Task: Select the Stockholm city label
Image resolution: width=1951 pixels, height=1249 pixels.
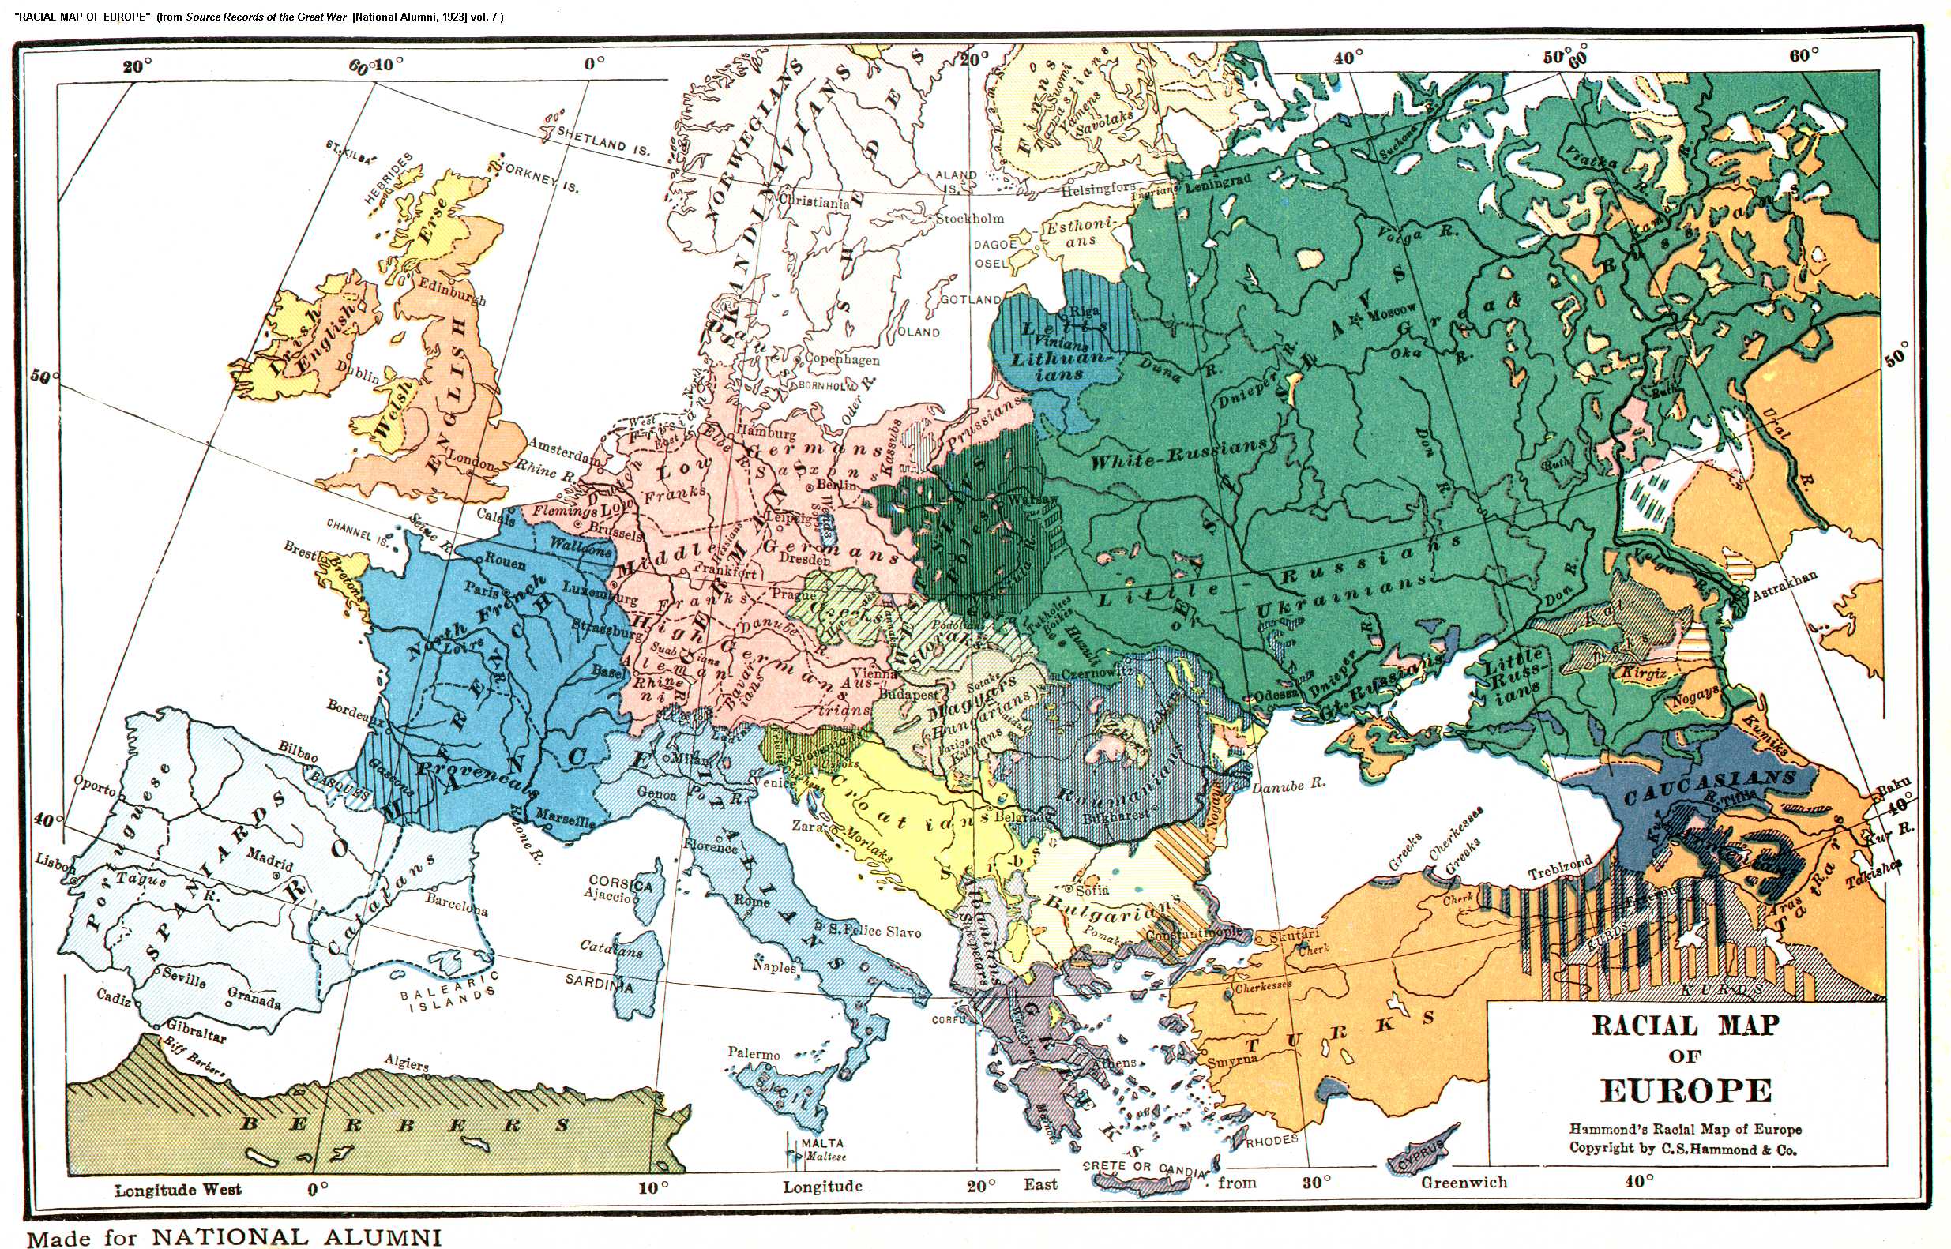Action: [x=969, y=218]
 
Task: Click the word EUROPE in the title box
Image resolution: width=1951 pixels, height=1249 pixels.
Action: [x=1686, y=1091]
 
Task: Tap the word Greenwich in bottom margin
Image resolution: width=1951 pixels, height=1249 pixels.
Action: [x=1464, y=1183]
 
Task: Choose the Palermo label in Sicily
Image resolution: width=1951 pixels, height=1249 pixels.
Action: [x=754, y=1054]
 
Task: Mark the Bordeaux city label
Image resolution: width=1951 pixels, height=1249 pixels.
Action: [x=355, y=710]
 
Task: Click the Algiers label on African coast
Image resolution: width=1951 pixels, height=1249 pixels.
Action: [x=406, y=1063]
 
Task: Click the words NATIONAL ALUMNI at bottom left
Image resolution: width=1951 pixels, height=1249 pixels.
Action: [x=297, y=1237]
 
